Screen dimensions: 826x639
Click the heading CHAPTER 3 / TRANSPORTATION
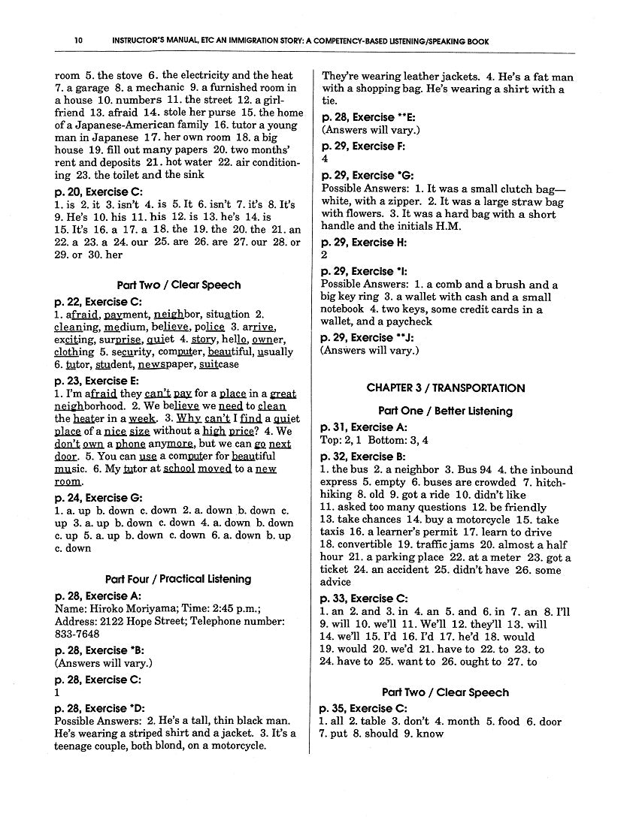click(x=445, y=388)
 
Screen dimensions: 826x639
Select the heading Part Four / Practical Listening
click(x=178, y=579)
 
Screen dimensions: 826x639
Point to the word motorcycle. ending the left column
click(x=239, y=746)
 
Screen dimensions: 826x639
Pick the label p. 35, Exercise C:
click(x=363, y=708)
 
